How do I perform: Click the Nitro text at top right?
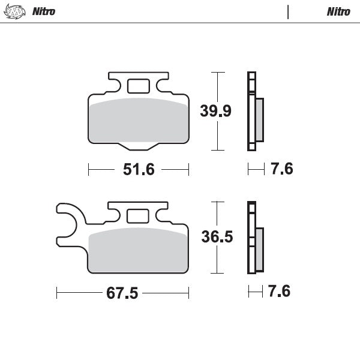tap(338, 11)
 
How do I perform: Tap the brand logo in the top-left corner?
tap(16, 11)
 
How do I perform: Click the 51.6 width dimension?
tap(139, 170)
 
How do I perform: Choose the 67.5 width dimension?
tap(122, 293)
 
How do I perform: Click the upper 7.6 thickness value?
tap(281, 170)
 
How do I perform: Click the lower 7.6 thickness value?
tap(280, 292)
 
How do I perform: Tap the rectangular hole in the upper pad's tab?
tap(138, 86)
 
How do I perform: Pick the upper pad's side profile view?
tap(254, 112)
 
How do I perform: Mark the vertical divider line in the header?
tap(288, 11)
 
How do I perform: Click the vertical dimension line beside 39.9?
tap(218, 111)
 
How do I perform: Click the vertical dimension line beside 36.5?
tap(218, 237)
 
